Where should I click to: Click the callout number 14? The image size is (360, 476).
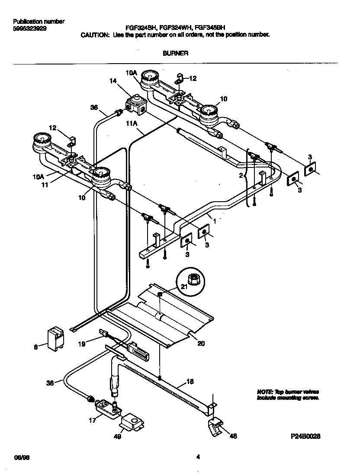113,81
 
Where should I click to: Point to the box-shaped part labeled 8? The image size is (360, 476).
55,338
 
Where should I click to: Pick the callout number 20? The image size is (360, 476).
201,344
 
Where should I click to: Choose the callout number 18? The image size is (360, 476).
190,381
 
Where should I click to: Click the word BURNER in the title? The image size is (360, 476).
175,53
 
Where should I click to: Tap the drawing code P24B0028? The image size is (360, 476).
305,436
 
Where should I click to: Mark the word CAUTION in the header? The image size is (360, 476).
95,35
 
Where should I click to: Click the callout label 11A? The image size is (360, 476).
132,123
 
